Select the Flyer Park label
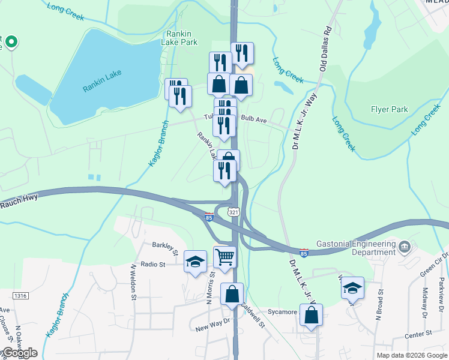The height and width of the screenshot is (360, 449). (389, 109)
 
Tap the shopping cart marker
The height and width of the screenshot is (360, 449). (224, 257)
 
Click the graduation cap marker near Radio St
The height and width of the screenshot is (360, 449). (195, 261)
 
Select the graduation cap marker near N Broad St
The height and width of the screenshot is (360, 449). (353, 289)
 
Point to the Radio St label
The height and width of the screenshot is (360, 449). (153, 264)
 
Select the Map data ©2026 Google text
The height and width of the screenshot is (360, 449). (411, 355)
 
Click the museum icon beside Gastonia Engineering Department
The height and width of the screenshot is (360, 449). (405, 246)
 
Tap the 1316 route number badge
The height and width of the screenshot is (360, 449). (20, 295)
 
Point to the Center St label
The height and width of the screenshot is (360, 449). (418, 333)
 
